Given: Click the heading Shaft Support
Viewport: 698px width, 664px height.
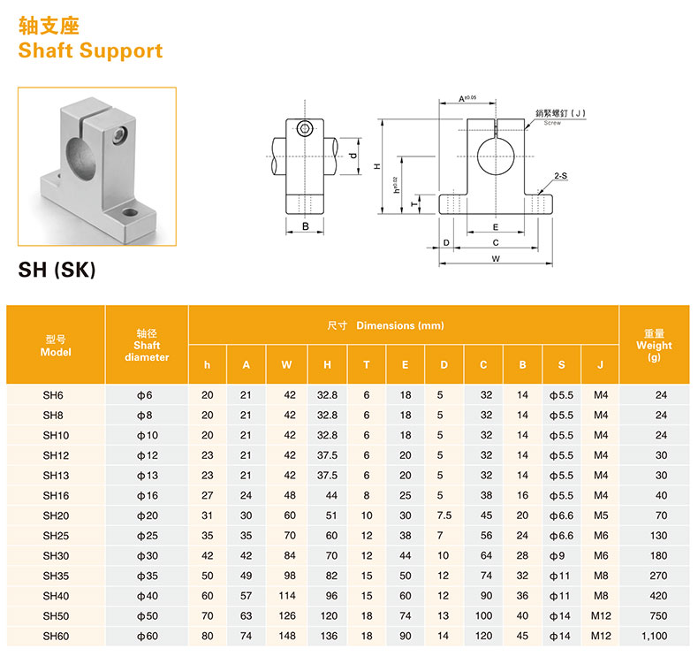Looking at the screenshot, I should pos(90,50).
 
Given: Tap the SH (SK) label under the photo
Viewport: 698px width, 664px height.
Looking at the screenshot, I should pos(57,270).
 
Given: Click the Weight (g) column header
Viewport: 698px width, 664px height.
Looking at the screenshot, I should pos(654,345).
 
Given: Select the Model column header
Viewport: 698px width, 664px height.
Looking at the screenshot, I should pos(56,345).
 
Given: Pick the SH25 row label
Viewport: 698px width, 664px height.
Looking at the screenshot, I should pos(56,535).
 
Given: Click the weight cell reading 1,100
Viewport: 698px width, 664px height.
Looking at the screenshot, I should pos(655,636).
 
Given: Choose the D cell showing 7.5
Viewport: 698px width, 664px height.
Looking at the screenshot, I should pos(444,515).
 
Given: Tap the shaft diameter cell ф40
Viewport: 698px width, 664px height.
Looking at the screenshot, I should pos(146,596).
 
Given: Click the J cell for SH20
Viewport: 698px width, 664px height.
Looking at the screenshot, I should pos(601,515).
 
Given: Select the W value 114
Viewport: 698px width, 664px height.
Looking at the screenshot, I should pos(289,596).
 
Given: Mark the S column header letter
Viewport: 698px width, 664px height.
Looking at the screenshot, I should pos(561,364).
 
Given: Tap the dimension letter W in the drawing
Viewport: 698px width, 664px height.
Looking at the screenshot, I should pos(496,259).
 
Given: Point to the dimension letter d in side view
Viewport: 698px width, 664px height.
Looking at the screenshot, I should pos(352,156).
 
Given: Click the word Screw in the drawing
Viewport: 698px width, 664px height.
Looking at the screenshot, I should pos(552,123).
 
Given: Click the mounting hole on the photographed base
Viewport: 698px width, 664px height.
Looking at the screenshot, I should pos(129,213).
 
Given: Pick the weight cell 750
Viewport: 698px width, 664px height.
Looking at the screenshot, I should pos(655,615).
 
